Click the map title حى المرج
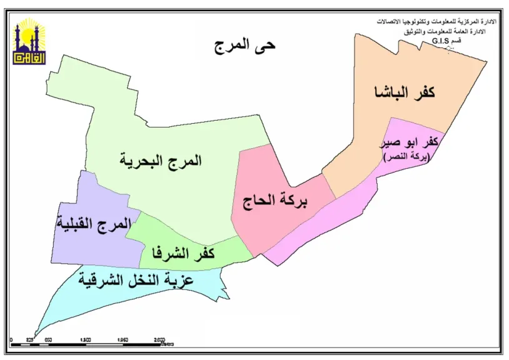coord(244,44)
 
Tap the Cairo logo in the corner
coord(29,41)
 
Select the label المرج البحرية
coord(161,160)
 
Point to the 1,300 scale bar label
coord(86,339)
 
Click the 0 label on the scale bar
coord(12,339)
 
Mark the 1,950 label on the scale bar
coord(123,339)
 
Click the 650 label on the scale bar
coord(48,339)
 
